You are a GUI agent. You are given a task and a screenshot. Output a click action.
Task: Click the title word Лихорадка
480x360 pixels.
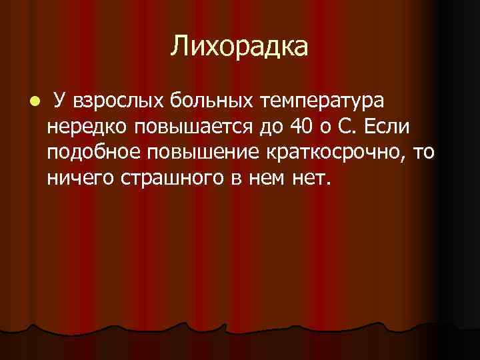tap(240, 47)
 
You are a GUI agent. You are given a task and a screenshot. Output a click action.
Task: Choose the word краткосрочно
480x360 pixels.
tap(334, 151)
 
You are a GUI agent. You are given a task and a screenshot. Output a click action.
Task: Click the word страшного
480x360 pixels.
tap(165, 177)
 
